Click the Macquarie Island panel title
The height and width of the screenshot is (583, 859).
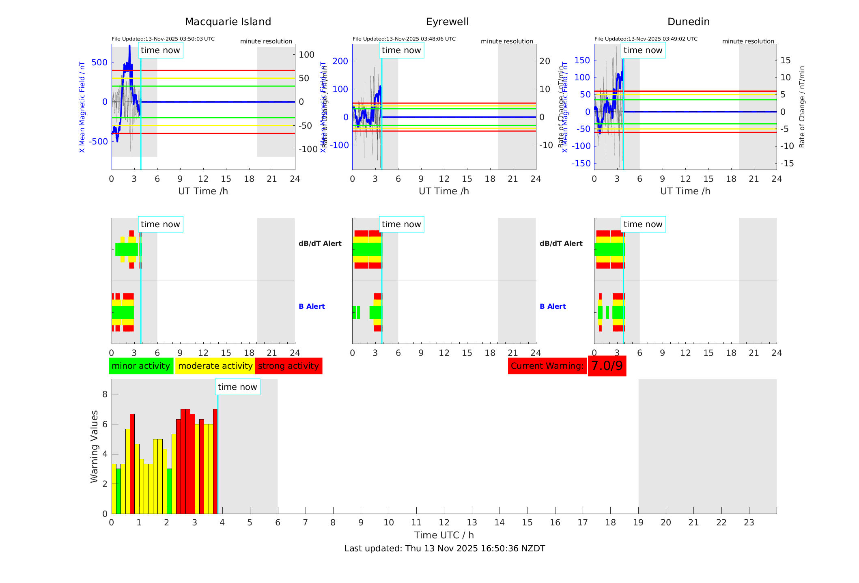click(x=228, y=22)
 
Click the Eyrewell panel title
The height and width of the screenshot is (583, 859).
click(x=447, y=22)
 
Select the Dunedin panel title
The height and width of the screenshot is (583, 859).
click(x=688, y=22)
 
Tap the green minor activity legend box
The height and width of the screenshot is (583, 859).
click(x=141, y=366)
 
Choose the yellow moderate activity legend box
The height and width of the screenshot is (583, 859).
click(x=215, y=366)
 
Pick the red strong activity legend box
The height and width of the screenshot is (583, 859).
click(x=288, y=366)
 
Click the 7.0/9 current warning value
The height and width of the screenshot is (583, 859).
click(x=607, y=366)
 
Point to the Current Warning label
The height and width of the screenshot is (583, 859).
click(x=547, y=366)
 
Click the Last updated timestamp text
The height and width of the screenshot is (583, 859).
click(x=445, y=549)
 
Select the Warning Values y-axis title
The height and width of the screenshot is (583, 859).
click(x=94, y=446)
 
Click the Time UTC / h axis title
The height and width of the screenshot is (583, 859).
click(x=444, y=535)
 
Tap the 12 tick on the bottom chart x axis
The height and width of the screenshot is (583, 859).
click(x=444, y=523)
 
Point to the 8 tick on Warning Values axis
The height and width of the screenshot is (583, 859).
click(x=105, y=394)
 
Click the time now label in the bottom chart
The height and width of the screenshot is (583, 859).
click(x=237, y=387)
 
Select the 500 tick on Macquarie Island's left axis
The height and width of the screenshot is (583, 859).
click(x=99, y=62)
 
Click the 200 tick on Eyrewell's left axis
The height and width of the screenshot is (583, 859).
click(x=340, y=61)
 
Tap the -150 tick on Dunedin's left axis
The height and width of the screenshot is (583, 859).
click(x=581, y=163)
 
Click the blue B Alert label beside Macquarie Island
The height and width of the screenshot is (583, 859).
click(x=312, y=306)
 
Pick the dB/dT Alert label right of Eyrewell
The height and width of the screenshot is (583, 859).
click(x=561, y=243)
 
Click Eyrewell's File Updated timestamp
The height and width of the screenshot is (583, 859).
click(x=404, y=39)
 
